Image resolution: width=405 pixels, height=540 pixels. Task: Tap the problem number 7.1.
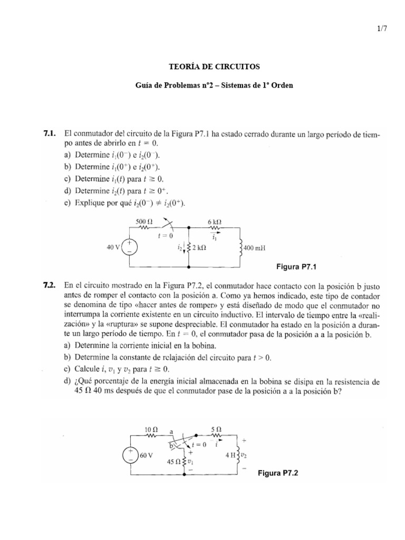(x=50, y=134)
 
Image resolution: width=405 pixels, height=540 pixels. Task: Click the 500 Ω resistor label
(x=144, y=221)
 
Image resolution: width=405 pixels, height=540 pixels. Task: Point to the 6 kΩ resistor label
(x=214, y=221)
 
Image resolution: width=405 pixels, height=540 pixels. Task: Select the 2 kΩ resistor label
(x=198, y=247)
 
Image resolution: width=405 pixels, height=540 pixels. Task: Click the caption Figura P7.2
(x=278, y=474)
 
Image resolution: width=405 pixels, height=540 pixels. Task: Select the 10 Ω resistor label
(x=151, y=430)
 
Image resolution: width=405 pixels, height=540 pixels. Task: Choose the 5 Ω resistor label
(x=216, y=430)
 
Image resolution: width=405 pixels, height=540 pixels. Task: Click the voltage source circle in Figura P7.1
(x=129, y=248)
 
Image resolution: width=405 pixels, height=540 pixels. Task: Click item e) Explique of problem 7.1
(x=124, y=203)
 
